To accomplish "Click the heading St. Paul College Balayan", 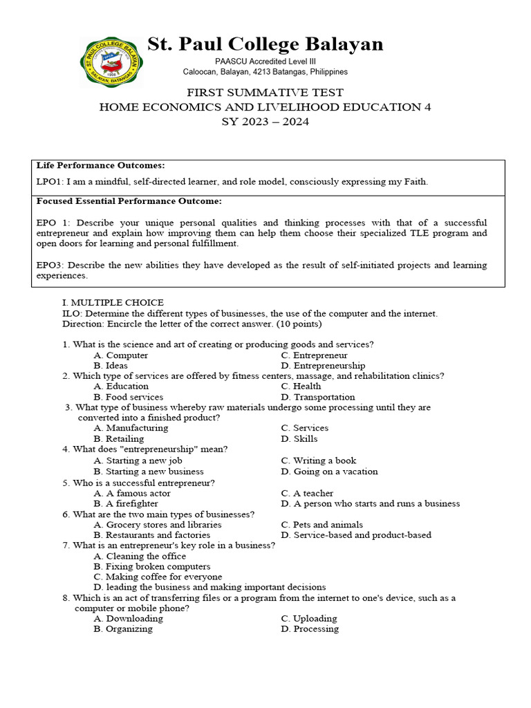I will point(265,45).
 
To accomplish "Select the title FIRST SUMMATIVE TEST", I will point(265,93).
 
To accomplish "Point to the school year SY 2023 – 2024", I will point(265,122).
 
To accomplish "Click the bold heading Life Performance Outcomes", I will point(100,166).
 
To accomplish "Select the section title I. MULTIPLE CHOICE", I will point(113,303).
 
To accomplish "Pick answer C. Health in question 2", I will point(301,386).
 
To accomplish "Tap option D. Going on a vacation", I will point(329,472).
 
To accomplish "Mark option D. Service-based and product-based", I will point(355,535).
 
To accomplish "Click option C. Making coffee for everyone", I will point(158,577).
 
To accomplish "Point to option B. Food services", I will point(128,398).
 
